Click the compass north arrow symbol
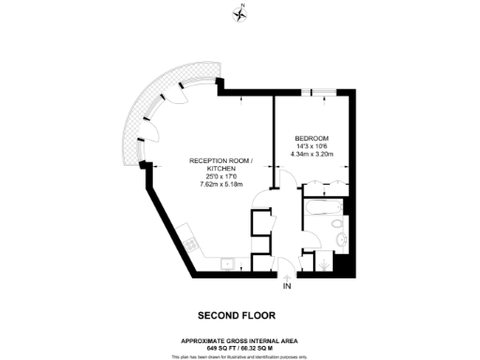[240, 12]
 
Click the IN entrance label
[286, 286]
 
